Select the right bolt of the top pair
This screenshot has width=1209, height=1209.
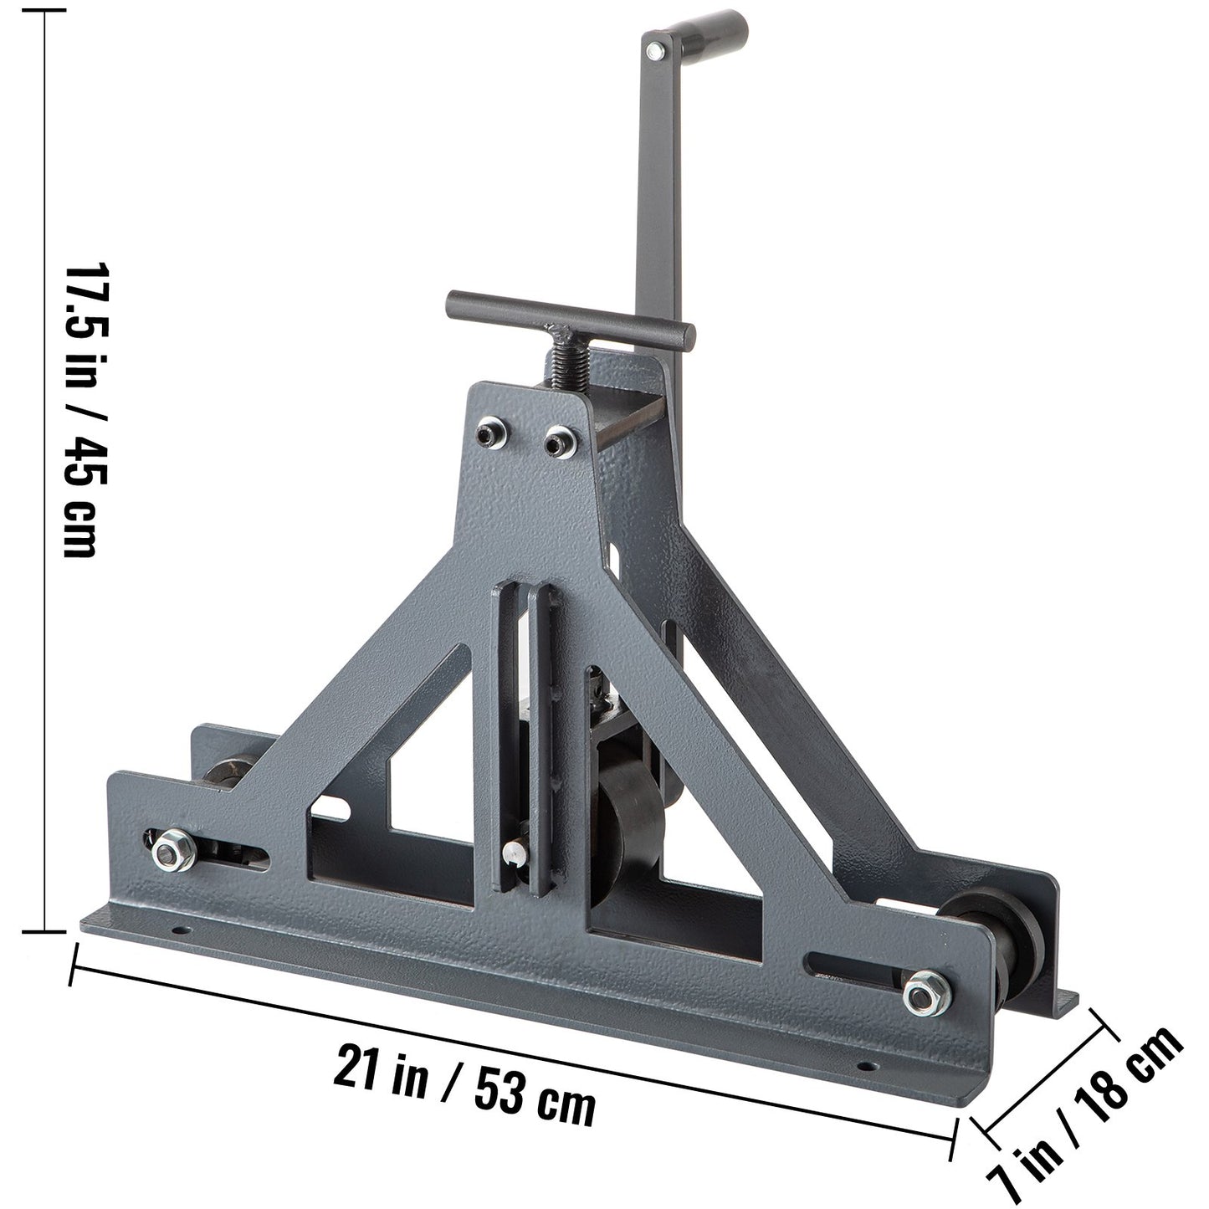(x=556, y=440)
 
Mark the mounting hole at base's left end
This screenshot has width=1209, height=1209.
(x=177, y=930)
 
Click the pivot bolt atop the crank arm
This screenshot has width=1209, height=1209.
(x=655, y=52)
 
